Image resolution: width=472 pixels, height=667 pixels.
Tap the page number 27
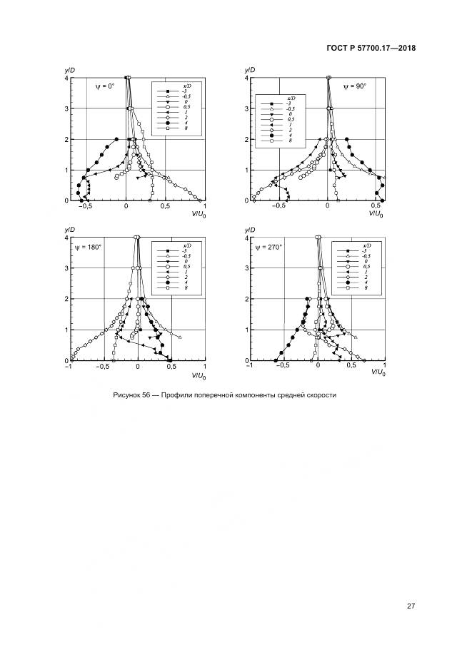click(x=411, y=606)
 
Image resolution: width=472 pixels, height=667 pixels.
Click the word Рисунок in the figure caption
click(x=128, y=395)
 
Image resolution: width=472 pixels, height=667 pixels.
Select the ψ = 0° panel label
click(x=105, y=86)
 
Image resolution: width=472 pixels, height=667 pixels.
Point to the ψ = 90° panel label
click(x=354, y=86)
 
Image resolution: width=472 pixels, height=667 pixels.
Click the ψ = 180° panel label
click(x=88, y=247)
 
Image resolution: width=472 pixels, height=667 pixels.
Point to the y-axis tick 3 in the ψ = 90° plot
click(x=246, y=108)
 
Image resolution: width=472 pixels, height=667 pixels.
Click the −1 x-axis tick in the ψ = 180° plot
click(x=69, y=367)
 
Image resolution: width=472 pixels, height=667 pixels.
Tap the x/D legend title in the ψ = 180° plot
click(x=187, y=245)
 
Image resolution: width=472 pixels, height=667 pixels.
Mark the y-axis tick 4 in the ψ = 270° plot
click(x=246, y=238)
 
